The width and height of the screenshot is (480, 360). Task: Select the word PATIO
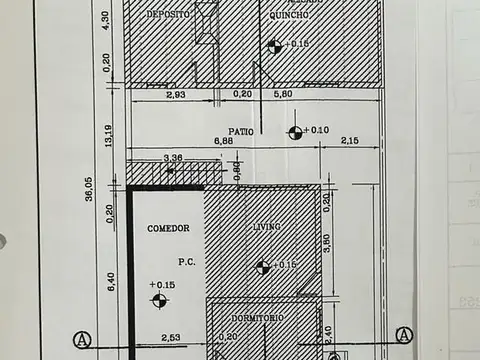click(x=240, y=131)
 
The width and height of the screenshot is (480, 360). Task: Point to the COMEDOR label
click(x=168, y=228)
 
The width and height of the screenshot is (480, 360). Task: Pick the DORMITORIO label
click(x=258, y=317)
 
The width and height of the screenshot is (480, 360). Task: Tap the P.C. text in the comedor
click(x=186, y=263)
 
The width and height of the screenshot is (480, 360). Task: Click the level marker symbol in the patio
click(x=295, y=132)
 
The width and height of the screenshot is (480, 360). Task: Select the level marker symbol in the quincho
click(x=274, y=45)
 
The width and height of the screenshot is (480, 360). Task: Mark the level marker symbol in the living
click(x=262, y=266)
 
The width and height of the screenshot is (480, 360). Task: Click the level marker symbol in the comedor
click(x=159, y=299)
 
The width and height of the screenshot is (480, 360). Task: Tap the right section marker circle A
click(x=403, y=335)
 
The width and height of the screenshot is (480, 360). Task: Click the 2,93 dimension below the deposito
click(x=176, y=94)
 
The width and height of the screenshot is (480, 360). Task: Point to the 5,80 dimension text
click(x=283, y=94)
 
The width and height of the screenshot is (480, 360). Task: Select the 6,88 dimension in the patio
click(x=222, y=141)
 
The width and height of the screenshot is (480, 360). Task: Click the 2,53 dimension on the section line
click(x=169, y=339)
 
